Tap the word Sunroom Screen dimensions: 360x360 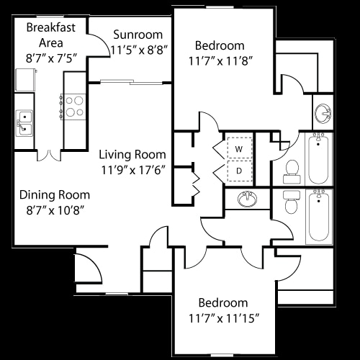point(138,35)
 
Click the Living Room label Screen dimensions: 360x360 point(132,154)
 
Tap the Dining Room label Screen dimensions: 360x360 point(55,194)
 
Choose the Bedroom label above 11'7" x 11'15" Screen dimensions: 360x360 point(223,302)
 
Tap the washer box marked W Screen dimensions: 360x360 point(239,148)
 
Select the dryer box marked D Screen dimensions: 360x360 point(239,171)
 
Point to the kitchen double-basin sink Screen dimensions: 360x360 point(25,122)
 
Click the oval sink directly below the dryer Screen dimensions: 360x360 point(248,199)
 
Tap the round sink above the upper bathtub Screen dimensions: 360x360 point(323,113)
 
